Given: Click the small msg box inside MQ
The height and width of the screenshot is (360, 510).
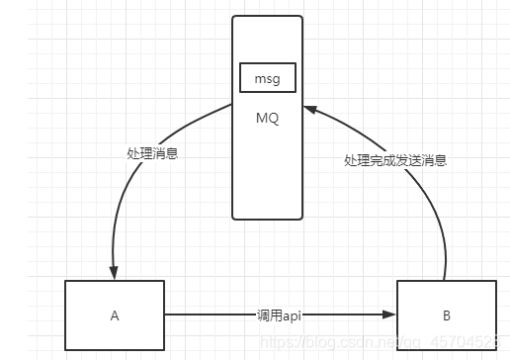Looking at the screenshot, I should click(x=267, y=76).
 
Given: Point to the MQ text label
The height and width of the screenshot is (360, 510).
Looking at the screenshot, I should click(x=267, y=118).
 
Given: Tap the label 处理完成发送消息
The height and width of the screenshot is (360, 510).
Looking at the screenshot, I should click(x=394, y=160).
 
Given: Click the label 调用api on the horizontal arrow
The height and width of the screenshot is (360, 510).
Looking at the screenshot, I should click(x=280, y=315).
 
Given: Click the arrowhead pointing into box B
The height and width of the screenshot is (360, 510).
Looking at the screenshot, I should click(x=390, y=315).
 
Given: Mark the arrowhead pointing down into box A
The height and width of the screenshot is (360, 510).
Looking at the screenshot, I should click(x=115, y=274).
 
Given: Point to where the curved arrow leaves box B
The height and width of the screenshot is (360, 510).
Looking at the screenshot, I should click(x=446, y=280).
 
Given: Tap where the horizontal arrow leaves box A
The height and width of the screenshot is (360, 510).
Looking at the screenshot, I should click(x=166, y=315).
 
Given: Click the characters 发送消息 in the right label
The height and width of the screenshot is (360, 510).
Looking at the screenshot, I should click(x=420, y=160).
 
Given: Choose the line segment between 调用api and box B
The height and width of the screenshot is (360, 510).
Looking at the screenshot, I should click(x=346, y=315).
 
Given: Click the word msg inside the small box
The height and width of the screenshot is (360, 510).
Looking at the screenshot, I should click(x=267, y=76).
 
